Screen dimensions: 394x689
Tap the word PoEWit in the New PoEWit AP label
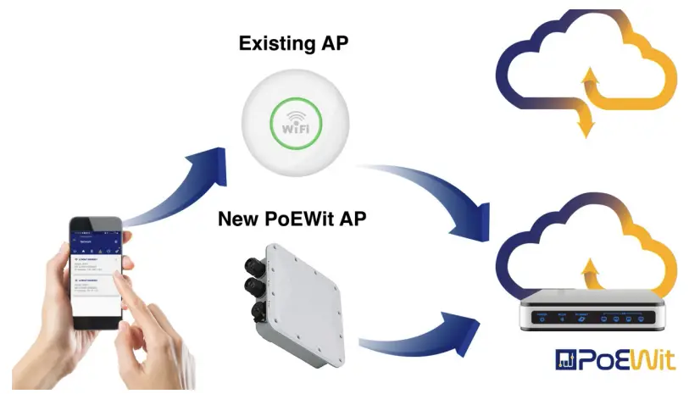pyautogui.click(x=303, y=219)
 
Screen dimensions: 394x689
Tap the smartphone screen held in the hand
pyautogui.click(x=97, y=272)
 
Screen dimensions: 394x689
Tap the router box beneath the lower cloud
pyautogui.click(x=590, y=311)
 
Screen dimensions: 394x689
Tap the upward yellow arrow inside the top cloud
pyautogui.click(x=593, y=84)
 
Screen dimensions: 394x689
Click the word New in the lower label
pyautogui.click(x=238, y=219)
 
